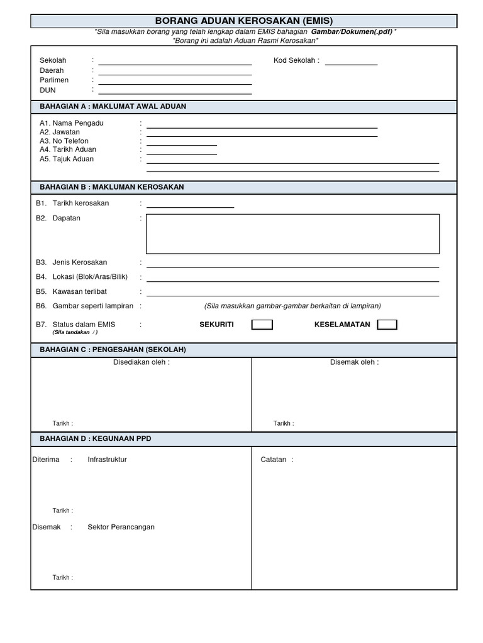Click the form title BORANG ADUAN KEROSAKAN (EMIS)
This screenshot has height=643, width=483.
(x=243, y=21)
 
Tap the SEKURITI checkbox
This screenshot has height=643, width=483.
(x=262, y=325)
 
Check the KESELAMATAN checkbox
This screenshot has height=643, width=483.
(x=387, y=325)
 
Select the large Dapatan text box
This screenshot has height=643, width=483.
(x=292, y=234)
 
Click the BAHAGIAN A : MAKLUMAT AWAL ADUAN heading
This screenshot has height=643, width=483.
(x=113, y=107)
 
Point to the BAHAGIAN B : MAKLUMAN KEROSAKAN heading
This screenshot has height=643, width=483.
(x=112, y=187)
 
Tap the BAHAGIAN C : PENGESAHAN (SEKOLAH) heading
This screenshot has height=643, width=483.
(x=113, y=350)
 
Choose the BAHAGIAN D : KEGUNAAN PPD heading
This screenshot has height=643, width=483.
(x=96, y=438)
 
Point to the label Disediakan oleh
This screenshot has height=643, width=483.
(x=141, y=362)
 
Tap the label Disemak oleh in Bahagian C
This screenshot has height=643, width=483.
(x=354, y=362)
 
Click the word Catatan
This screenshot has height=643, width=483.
(x=274, y=460)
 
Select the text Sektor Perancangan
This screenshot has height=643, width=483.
(x=121, y=527)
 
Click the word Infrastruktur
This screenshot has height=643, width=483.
(x=107, y=460)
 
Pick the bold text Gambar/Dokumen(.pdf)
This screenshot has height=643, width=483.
(x=352, y=31)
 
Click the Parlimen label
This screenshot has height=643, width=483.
(x=54, y=80)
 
